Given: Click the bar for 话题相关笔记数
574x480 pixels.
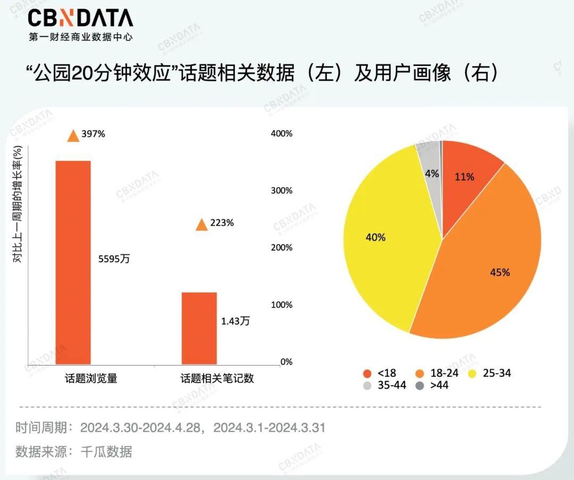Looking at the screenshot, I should pos(199,328).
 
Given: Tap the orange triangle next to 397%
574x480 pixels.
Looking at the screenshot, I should pos(73,136).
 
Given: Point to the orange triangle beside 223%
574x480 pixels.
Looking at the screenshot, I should pos(201,225).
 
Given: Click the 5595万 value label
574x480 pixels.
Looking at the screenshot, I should pos(114,259).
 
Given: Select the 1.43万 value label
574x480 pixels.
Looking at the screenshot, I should pos(235,320).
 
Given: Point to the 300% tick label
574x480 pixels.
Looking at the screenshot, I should pos(282,191).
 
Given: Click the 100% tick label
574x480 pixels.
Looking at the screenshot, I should pos(282,305).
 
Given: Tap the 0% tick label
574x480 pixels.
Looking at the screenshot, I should pos(286,362).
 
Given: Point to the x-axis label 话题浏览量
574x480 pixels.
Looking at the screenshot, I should pos(91,378).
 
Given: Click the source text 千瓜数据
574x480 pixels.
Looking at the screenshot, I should pos(106,452).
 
